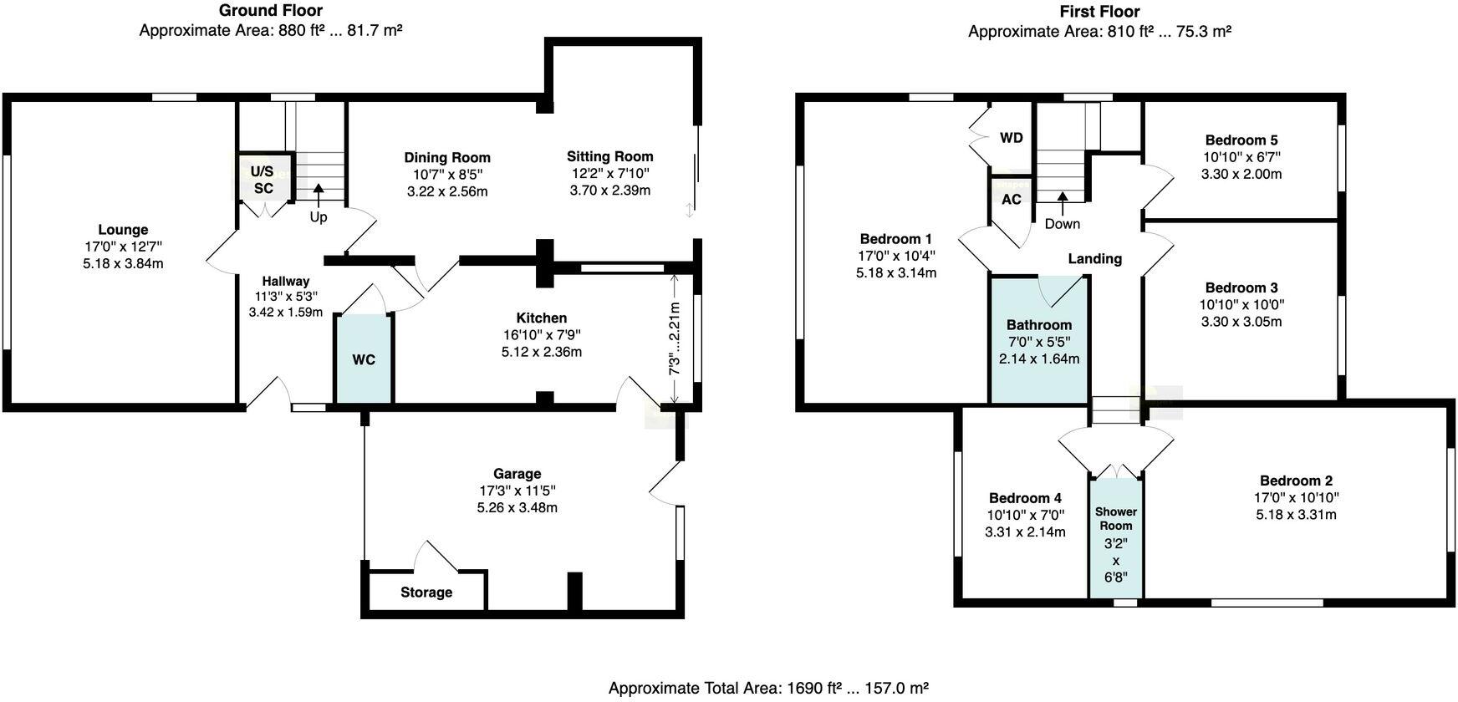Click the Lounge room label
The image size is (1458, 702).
pos(123,230)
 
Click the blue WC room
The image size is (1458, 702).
pos(364,359)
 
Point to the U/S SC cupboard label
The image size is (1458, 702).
pos(263,180)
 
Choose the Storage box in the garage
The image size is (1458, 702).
pos(426,592)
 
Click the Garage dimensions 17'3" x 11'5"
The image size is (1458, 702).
pos(517,491)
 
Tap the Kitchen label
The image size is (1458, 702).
pos(541,318)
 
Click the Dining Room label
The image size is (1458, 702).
pos(447,157)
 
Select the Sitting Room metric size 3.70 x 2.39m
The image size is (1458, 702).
pos(609,191)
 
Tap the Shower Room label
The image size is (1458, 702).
pos(1116,518)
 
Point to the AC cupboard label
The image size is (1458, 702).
pos(1011,199)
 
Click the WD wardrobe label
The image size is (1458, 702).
pos(1011,138)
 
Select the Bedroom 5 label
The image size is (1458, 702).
pos(1241,140)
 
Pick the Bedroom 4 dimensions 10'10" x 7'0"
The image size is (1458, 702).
pos(1025,515)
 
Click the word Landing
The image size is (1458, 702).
pos(1094,258)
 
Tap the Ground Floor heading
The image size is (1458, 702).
pos(271,11)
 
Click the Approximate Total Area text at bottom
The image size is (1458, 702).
pos(768,688)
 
